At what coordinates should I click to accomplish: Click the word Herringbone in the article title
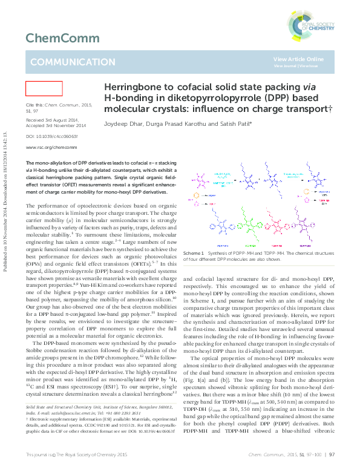[135, 88]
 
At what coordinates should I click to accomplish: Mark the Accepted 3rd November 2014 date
[56, 125]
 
